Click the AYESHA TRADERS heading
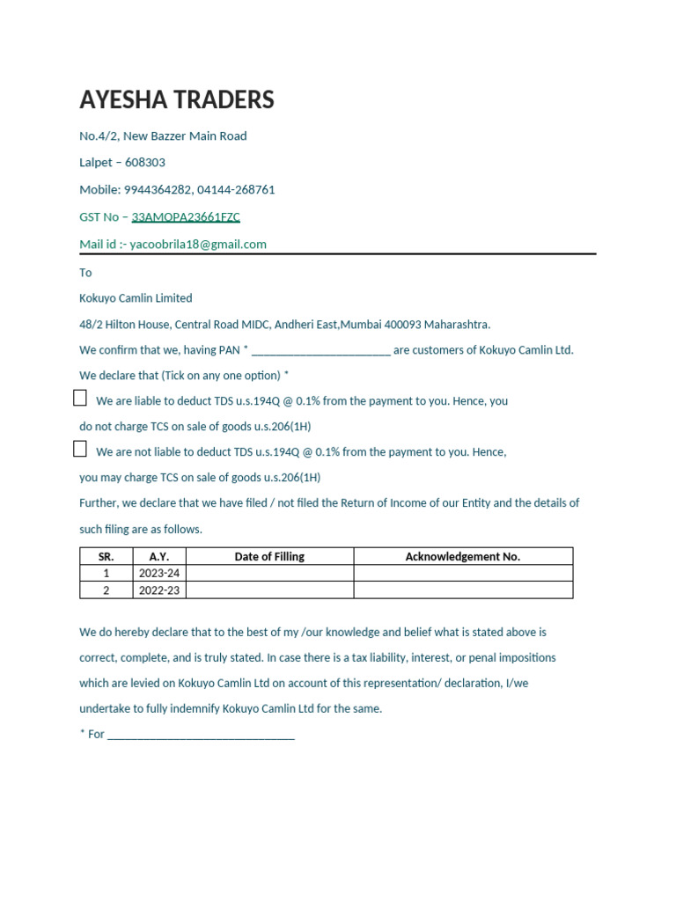(177, 100)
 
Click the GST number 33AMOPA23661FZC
(186, 216)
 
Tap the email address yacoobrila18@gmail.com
(198, 244)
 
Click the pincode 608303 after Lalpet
(145, 162)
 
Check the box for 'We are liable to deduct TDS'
(80, 399)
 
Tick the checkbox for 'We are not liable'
(80, 450)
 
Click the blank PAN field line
(320, 350)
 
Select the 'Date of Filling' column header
(269, 556)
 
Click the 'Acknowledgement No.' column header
(462, 556)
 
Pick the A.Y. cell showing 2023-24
(159, 573)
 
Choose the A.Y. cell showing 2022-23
(159, 590)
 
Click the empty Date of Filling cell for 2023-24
(269, 573)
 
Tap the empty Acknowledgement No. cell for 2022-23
(462, 590)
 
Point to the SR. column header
(107, 556)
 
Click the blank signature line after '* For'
(201, 734)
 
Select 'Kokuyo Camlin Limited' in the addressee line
(136, 298)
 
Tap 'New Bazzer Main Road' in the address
(185, 136)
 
